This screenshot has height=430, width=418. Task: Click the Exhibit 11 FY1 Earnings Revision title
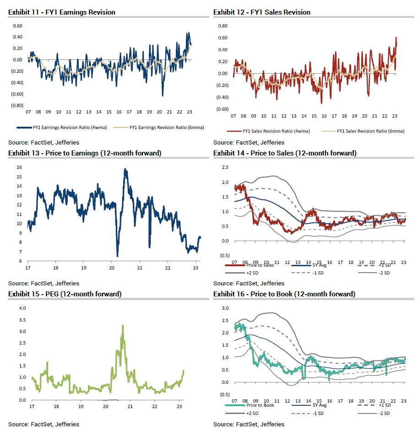point(61,12)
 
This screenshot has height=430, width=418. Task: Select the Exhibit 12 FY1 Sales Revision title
point(261,12)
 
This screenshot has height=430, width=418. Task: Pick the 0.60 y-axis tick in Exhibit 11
point(17,26)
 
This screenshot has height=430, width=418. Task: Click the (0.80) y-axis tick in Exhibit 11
point(17,106)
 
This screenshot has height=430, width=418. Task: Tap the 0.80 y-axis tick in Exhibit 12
point(223,26)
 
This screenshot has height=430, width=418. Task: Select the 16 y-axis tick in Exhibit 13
point(20,167)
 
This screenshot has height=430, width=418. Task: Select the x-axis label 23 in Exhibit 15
point(179,407)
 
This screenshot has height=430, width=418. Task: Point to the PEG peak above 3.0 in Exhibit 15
point(123,326)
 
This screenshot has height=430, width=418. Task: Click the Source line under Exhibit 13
point(43,283)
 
